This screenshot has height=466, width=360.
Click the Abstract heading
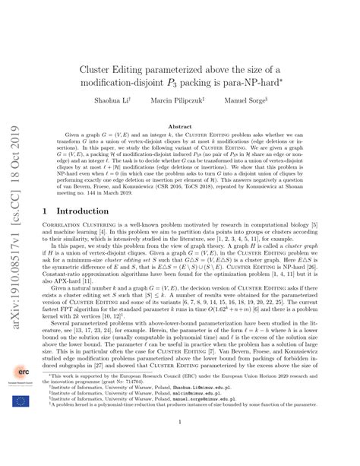pyautogui.click(x=180, y=127)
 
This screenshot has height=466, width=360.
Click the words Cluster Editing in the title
pyautogui.click(x=112, y=66)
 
